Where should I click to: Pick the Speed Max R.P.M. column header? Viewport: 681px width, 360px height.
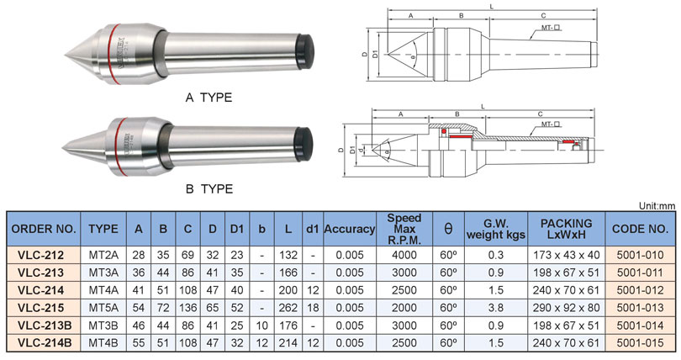(x=404, y=228)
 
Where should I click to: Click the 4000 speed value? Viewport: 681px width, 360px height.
(x=404, y=255)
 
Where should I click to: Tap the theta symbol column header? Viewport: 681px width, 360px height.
(x=447, y=228)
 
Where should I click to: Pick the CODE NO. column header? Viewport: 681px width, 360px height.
(x=642, y=228)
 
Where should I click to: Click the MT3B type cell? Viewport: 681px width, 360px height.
(x=103, y=326)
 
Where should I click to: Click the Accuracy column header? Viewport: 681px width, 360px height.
(x=349, y=228)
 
